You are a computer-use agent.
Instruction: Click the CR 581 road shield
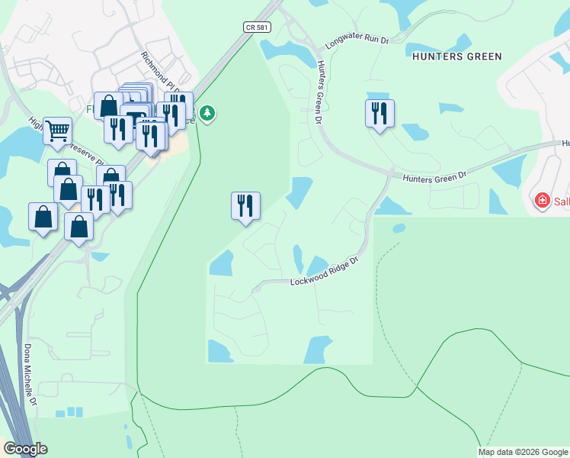coord(256,27)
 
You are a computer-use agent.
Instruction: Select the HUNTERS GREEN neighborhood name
coord(456,56)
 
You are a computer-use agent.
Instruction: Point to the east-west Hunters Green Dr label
coord(434,177)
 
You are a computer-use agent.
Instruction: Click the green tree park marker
coord(208,114)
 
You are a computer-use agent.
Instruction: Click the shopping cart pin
coord(57,132)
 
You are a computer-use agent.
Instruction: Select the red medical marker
coord(543,201)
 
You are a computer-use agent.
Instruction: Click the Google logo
coord(25,449)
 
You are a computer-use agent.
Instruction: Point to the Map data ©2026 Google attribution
coord(523,452)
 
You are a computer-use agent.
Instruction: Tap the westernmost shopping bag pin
coord(43,218)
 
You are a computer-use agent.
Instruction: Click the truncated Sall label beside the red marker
coord(561,201)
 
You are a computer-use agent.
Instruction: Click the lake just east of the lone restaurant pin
coord(299,192)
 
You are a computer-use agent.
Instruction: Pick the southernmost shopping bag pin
coord(79,227)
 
